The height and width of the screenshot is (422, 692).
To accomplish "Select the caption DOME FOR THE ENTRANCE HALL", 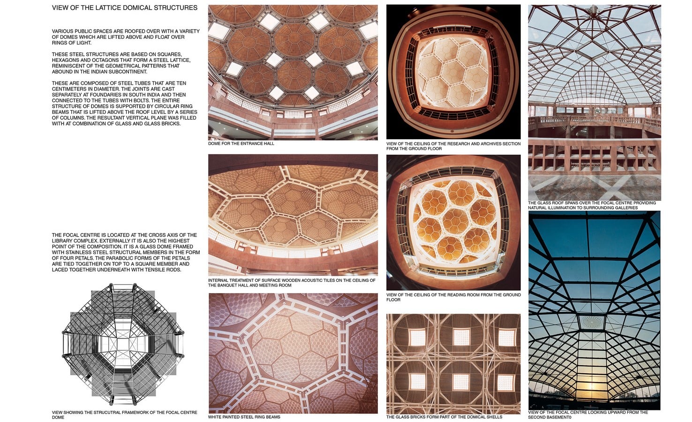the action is tap(241, 143).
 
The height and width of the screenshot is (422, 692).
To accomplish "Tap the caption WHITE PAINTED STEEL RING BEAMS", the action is tap(244, 417).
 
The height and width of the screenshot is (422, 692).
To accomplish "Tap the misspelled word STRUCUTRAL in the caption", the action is tap(99, 413).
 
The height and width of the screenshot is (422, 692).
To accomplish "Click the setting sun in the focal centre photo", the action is tap(592, 386).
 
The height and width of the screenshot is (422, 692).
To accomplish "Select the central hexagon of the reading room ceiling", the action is tap(455, 221).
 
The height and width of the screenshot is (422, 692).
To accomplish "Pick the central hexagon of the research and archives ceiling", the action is tap(452, 72).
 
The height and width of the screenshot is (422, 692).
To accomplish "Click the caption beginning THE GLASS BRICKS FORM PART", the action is tap(444, 417).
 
